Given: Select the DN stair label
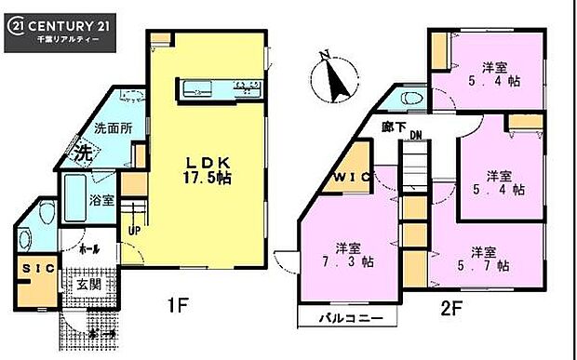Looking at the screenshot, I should point(415,136).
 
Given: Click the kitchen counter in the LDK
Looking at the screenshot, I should point(220,89).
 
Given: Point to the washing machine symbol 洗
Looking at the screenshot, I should point(81,152).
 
